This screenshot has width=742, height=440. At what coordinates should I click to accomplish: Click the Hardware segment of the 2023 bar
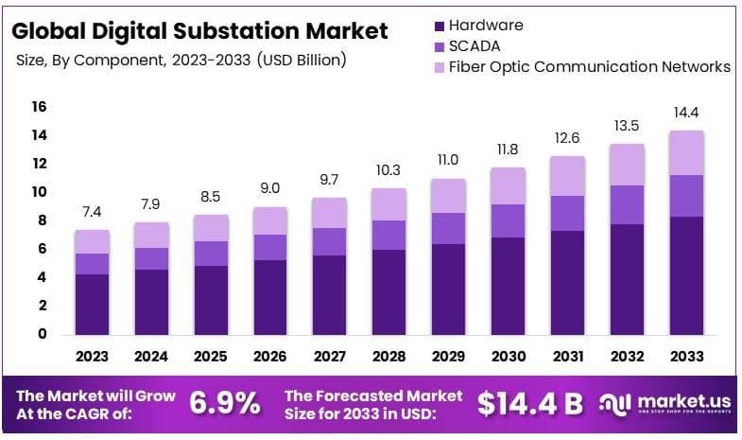pyautogui.click(x=93, y=304)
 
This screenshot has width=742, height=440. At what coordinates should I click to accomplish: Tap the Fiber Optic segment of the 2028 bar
pyautogui.click(x=388, y=204)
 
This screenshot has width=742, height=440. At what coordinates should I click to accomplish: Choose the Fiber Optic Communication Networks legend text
pyautogui.click(x=589, y=66)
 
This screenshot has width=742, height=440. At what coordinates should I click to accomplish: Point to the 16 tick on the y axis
pyautogui.click(x=39, y=107)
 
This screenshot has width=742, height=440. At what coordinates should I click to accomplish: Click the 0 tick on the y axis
pyautogui.click(x=43, y=334)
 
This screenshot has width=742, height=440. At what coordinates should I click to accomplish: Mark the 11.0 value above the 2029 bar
pyautogui.click(x=448, y=161)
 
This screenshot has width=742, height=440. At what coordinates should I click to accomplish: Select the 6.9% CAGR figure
pyautogui.click(x=225, y=403)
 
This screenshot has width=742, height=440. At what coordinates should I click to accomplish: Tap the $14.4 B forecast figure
pyautogui.click(x=529, y=403)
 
